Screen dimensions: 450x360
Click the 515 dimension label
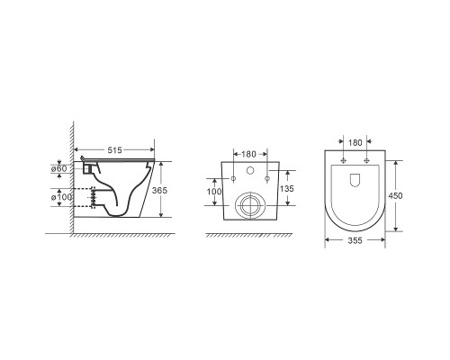114,150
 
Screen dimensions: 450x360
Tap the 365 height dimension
159,190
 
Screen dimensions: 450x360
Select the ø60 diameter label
59,168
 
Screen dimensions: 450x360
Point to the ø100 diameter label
61,197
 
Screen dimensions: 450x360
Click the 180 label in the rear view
248,154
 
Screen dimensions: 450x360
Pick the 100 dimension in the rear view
214,192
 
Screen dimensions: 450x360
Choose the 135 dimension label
287,189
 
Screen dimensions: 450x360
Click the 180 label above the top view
355,143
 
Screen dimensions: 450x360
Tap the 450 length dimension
395,195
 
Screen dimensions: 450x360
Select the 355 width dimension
355,240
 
